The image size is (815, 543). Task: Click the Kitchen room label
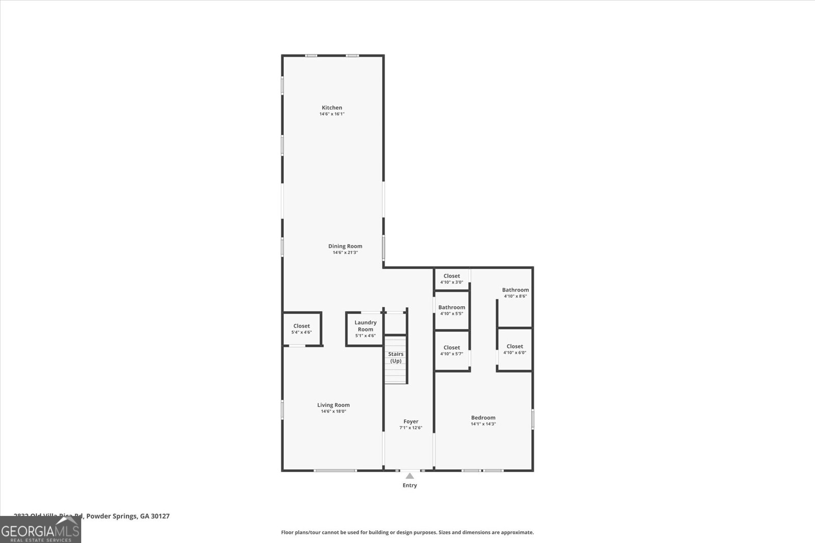click(x=332, y=107)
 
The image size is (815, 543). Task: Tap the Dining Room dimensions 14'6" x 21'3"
click(x=345, y=253)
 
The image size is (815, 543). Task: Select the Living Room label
click(x=333, y=405)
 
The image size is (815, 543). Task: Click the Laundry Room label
click(x=365, y=325)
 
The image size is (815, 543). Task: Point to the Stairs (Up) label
click(x=396, y=357)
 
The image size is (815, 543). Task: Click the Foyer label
click(x=411, y=421)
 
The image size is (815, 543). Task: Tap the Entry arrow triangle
click(x=410, y=476)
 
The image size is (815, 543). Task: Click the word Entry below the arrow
click(x=410, y=485)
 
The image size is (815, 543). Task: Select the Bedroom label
click(x=483, y=418)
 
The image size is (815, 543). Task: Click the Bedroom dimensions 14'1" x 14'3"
click(x=483, y=424)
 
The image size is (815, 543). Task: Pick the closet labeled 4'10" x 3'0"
click(x=451, y=279)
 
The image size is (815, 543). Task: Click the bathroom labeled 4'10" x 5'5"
click(x=451, y=310)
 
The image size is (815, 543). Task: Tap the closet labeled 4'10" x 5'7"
click(x=451, y=350)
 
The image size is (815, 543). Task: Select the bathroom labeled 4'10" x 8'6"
click(x=515, y=292)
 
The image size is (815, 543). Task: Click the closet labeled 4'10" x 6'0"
click(x=514, y=349)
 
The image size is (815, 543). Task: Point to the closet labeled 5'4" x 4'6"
click(x=301, y=329)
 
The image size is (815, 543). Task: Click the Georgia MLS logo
click(x=40, y=529)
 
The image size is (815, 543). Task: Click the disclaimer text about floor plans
click(x=407, y=532)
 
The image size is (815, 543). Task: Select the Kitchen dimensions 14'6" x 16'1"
click(x=332, y=114)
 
